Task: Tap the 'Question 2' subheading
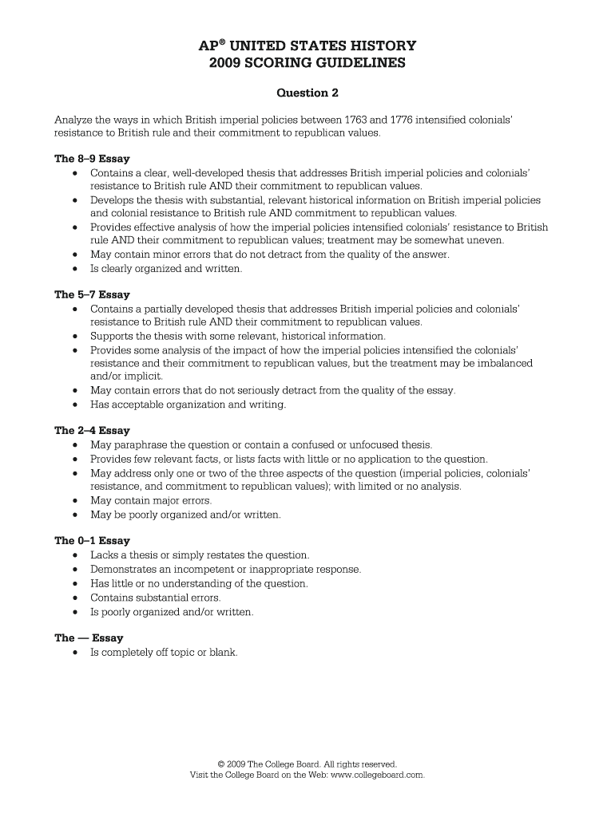click(307, 93)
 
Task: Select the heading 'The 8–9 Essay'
click(92, 159)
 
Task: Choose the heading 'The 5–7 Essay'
click(92, 294)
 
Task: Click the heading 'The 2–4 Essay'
click(92, 430)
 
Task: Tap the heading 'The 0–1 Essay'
click(92, 540)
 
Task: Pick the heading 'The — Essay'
click(89, 637)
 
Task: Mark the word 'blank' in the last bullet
click(223, 652)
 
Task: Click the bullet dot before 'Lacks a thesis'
click(74, 555)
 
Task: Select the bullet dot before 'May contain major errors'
click(74, 501)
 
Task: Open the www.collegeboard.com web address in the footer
click(376, 774)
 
